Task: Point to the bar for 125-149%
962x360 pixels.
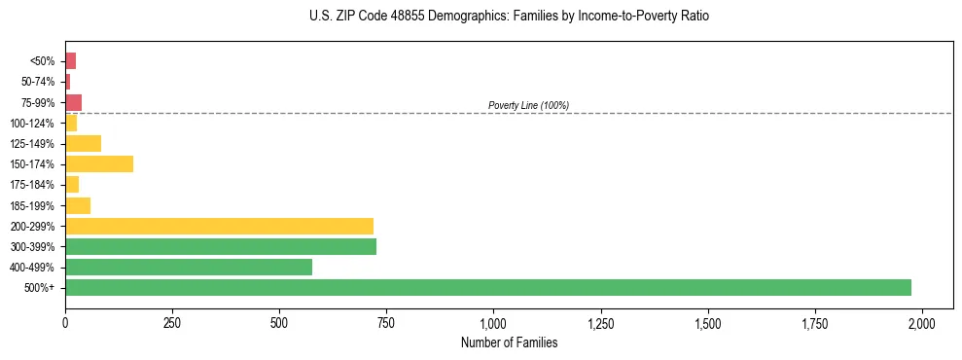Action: pyautogui.click(x=83, y=144)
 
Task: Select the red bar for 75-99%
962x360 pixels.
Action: pyautogui.click(x=73, y=102)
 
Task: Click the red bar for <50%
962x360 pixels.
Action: pyautogui.click(x=70, y=61)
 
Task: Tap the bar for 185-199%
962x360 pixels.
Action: pyautogui.click(x=78, y=205)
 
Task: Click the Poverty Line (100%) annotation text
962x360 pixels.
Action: pyautogui.click(x=528, y=105)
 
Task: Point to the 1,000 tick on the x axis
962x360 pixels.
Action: pyautogui.click(x=493, y=322)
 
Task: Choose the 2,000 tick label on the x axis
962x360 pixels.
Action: pyautogui.click(x=922, y=322)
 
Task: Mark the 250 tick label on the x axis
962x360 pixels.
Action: pyautogui.click(x=172, y=322)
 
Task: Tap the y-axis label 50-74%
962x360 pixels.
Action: pyautogui.click(x=38, y=82)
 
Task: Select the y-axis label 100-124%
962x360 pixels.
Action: pyautogui.click(x=32, y=124)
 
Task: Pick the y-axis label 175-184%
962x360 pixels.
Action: pyautogui.click(x=32, y=185)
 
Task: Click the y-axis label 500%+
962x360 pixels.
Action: pyautogui.click(x=39, y=288)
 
